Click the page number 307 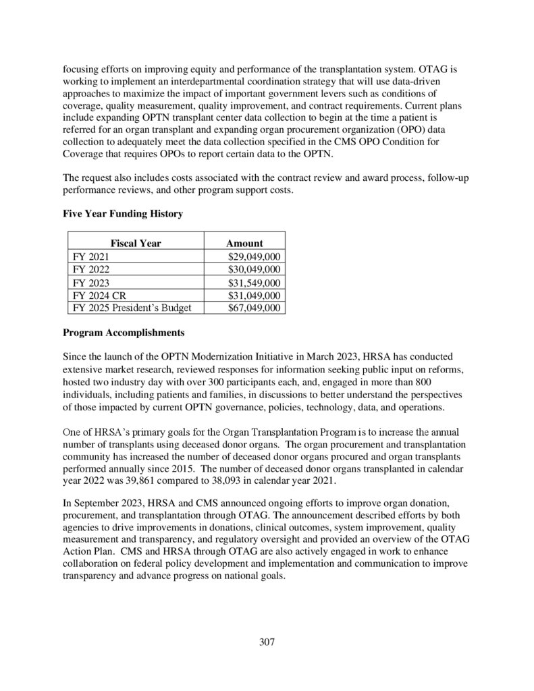click(x=267, y=641)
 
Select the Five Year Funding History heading click(x=122, y=213)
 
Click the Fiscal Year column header click(x=136, y=243)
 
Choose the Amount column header click(x=244, y=243)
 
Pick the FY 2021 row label click(x=90, y=256)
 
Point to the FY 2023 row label click(x=90, y=283)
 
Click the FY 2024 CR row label click(x=100, y=296)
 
